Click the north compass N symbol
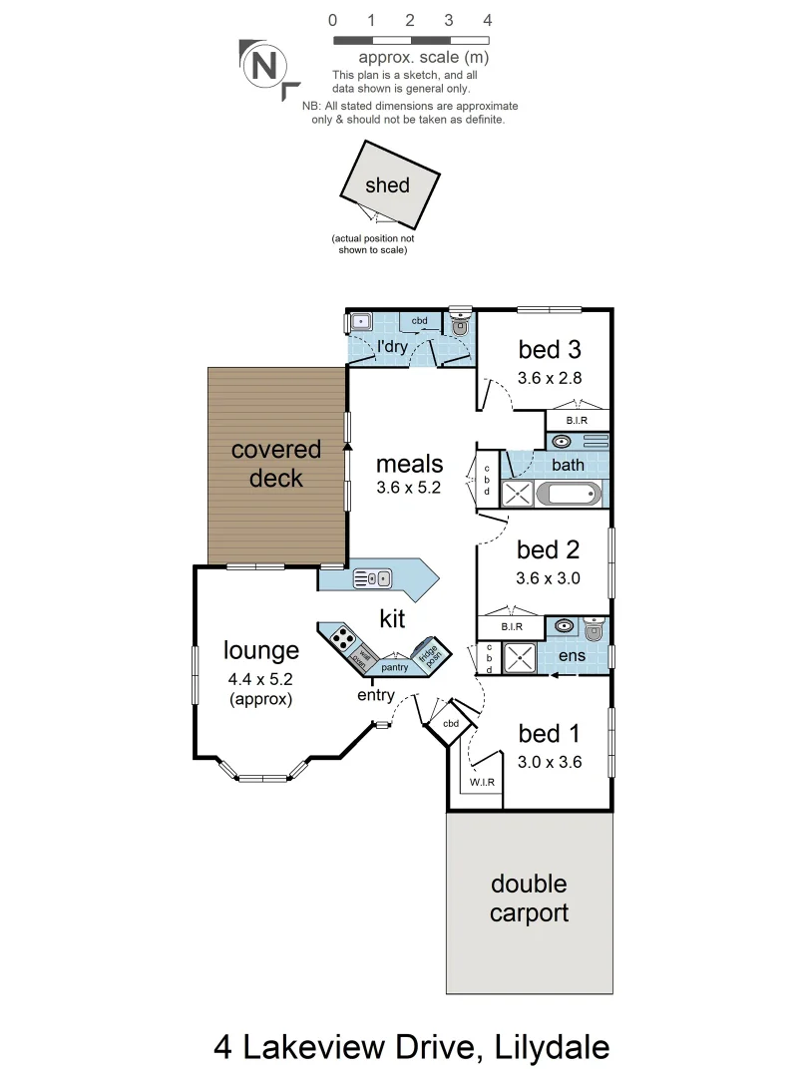[264, 66]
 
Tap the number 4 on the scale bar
[487, 20]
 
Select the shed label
[387, 184]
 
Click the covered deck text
[276, 464]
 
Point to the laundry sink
[359, 322]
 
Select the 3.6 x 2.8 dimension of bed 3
[549, 378]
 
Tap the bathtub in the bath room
[570, 493]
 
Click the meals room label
[409, 464]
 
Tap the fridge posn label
[430, 654]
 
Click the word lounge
[260, 651]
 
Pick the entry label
[377, 695]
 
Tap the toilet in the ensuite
[595, 629]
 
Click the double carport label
[529, 897]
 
